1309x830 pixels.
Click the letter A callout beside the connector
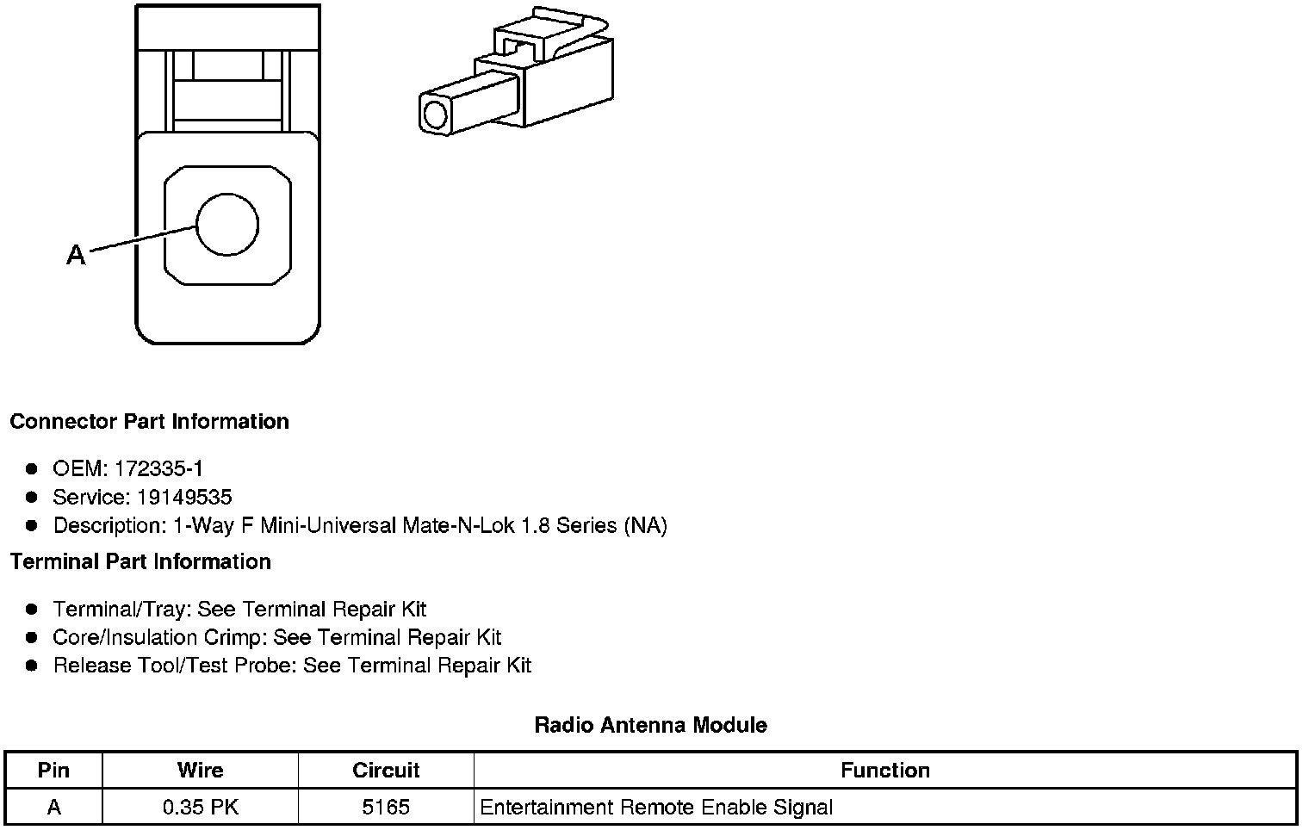pyautogui.click(x=76, y=256)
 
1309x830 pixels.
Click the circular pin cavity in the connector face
pyautogui.click(x=227, y=225)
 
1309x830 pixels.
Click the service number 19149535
pyautogui.click(x=184, y=497)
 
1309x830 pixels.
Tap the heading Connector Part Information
pyautogui.click(x=149, y=422)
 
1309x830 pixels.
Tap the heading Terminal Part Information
pyautogui.click(x=140, y=562)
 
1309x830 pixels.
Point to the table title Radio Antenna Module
pyautogui.click(x=650, y=725)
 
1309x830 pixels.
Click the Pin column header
pyautogui.click(x=53, y=770)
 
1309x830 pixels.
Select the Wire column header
pyautogui.click(x=200, y=770)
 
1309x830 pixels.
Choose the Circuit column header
pyautogui.click(x=386, y=770)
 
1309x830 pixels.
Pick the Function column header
pyautogui.click(x=884, y=770)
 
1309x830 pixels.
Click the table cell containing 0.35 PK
pyautogui.click(x=200, y=808)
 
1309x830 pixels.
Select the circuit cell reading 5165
pyautogui.click(x=386, y=808)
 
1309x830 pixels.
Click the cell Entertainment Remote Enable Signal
pyautogui.click(x=656, y=808)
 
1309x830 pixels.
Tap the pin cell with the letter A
pyautogui.click(x=53, y=808)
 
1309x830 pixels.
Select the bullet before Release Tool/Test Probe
pyautogui.click(x=32, y=666)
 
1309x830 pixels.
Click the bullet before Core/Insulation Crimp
pyautogui.click(x=32, y=638)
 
